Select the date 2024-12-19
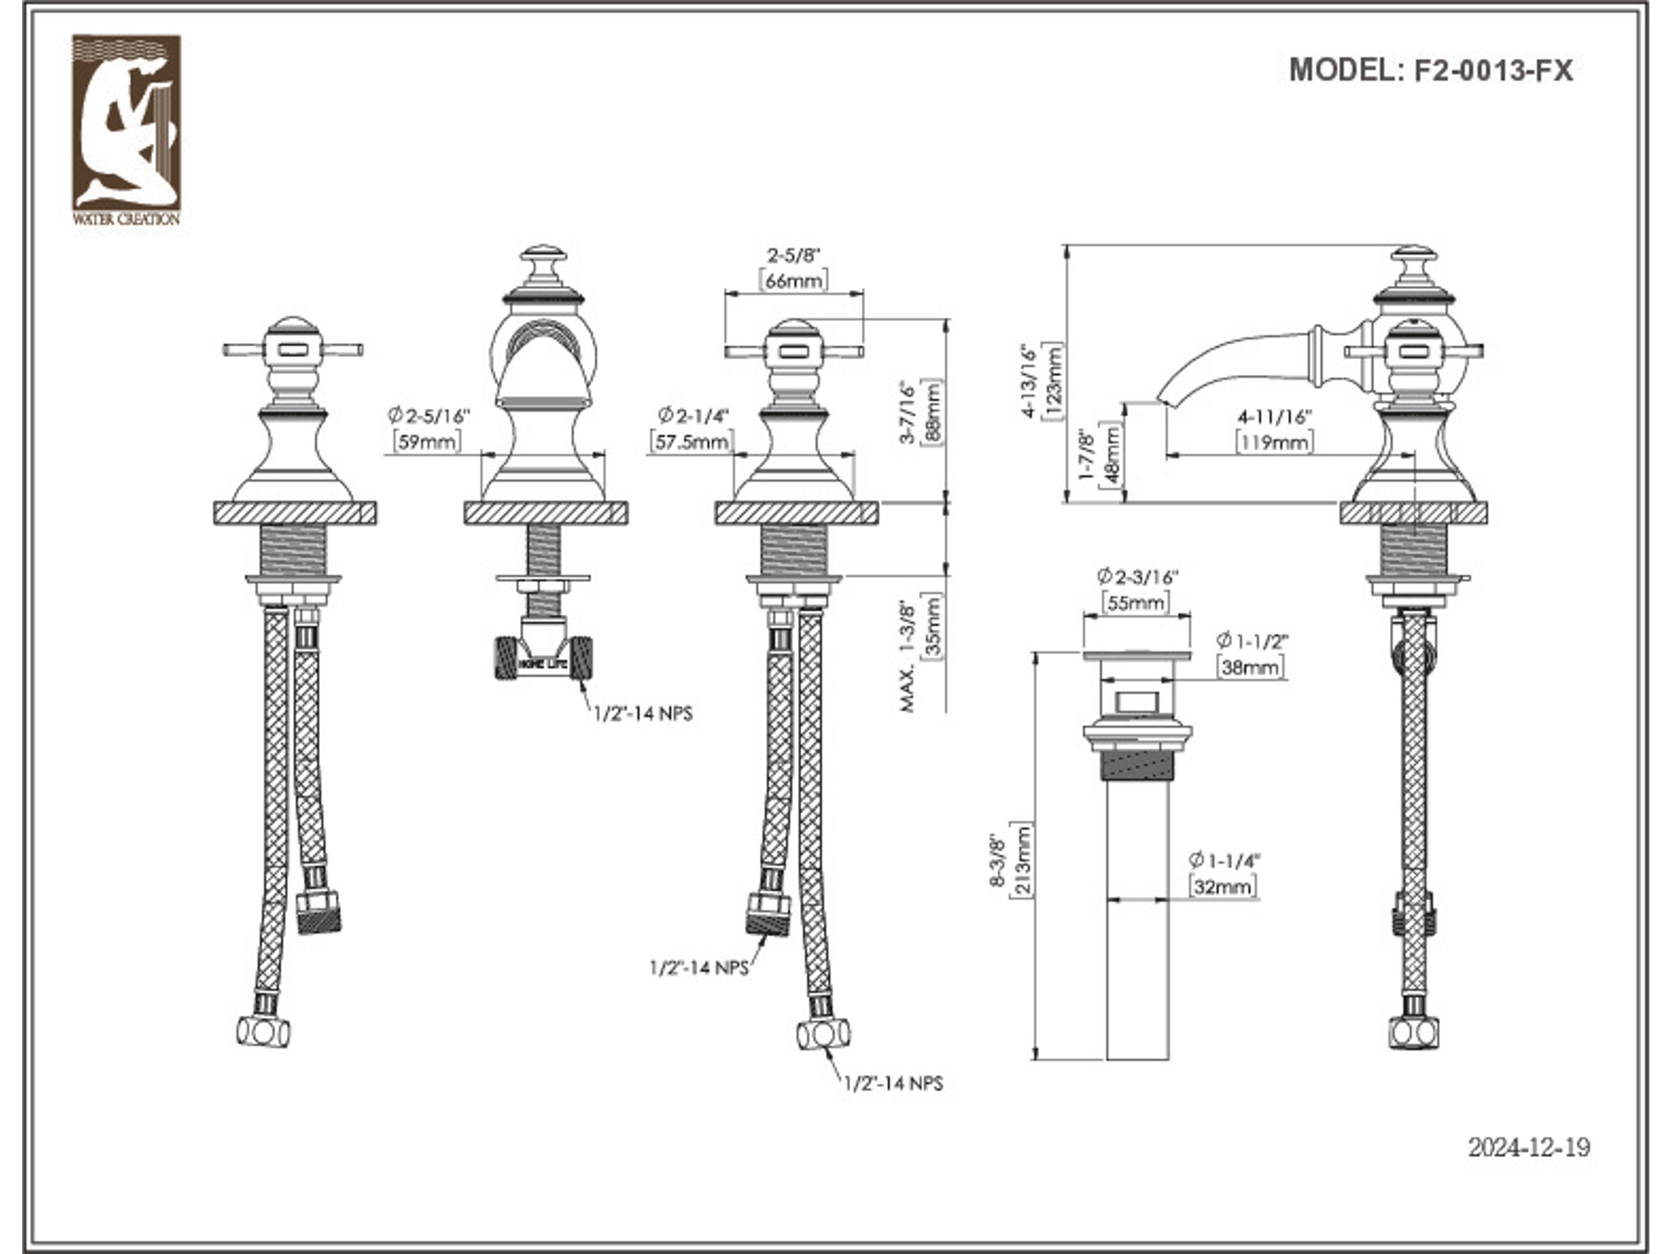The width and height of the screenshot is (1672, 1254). click(x=1528, y=1147)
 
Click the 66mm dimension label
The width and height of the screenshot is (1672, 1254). click(x=793, y=280)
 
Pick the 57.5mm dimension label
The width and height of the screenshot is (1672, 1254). click(x=691, y=442)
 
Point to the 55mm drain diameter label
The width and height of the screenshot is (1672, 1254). click(x=1136, y=603)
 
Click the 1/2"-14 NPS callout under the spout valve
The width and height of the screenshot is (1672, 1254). click(x=643, y=714)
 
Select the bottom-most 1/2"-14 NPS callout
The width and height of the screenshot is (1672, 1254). click(x=893, y=1083)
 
